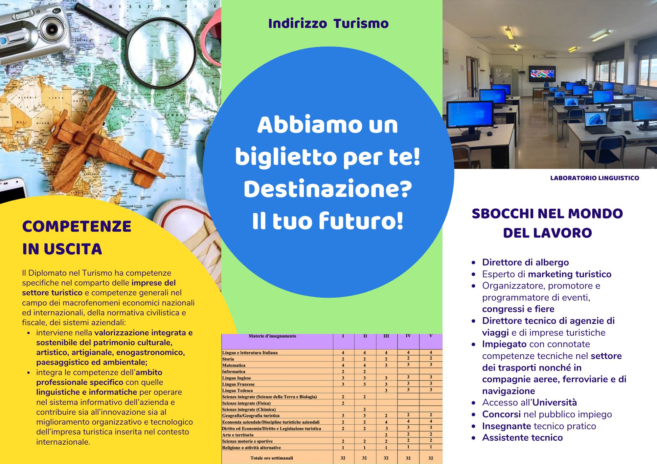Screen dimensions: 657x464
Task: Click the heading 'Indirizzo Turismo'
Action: tap(328, 24)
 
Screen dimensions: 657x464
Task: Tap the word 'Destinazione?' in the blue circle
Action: tap(328, 189)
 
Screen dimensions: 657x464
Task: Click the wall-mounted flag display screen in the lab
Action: tap(542, 74)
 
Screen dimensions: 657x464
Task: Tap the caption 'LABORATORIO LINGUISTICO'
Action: tap(595, 178)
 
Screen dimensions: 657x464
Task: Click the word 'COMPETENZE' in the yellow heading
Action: tap(77, 226)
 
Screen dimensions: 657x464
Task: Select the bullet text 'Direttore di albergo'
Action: tap(525, 262)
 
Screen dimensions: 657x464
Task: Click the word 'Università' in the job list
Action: tap(555, 402)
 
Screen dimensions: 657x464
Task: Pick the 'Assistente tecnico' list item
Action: tap(522, 437)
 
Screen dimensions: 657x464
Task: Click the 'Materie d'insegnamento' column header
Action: tap(272, 336)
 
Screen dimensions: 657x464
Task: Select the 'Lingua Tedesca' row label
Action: tap(238, 390)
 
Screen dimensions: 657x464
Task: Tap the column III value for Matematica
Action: tap(386, 365)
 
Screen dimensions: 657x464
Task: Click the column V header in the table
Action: tap(431, 336)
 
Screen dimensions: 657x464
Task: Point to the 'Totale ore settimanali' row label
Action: tap(272, 458)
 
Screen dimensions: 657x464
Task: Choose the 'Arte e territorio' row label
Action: tap(238, 435)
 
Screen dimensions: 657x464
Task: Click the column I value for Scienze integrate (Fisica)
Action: tap(343, 403)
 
